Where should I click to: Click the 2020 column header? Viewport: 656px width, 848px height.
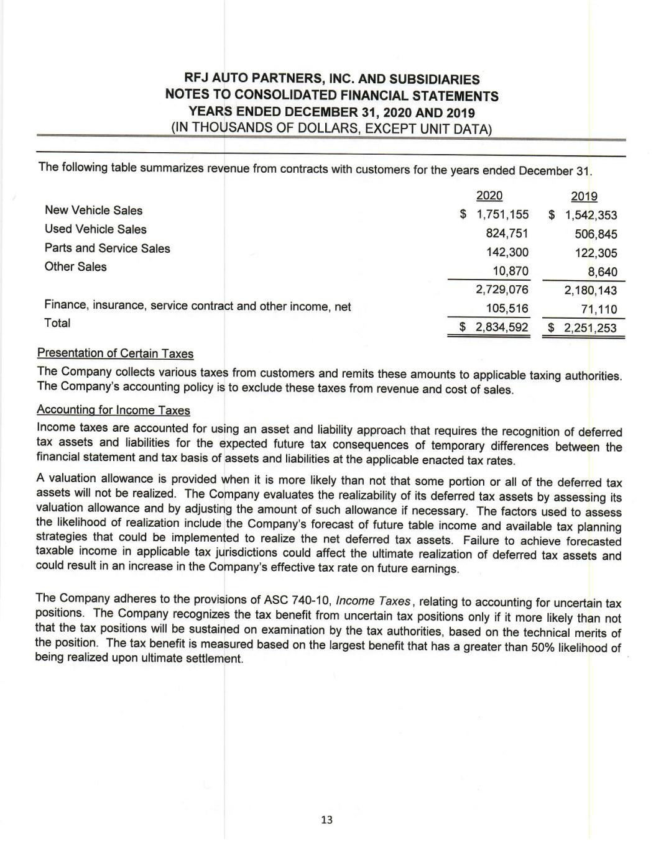point(489,196)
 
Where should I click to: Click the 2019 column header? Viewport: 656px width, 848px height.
point(584,197)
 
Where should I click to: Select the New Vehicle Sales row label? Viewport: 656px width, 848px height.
point(93,211)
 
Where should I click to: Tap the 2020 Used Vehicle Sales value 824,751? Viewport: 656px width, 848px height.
point(507,234)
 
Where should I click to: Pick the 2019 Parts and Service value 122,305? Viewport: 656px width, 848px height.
point(596,253)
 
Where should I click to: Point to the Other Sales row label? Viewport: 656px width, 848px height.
point(75,267)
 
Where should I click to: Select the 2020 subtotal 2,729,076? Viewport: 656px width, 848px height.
point(502,290)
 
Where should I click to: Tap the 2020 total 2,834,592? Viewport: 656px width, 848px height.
point(502,327)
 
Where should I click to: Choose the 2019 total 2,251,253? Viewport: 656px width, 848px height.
point(591,327)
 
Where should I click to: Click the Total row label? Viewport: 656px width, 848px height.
point(57,323)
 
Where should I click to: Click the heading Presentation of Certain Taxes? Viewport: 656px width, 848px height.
point(115,353)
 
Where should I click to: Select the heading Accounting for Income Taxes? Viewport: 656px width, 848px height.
point(113,410)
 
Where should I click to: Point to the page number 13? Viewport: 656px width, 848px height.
point(326,820)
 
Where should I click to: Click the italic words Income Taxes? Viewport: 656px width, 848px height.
point(373,601)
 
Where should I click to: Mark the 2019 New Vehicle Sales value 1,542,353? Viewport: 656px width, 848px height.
point(591,216)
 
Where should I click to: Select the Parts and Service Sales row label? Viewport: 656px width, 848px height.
point(107,248)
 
